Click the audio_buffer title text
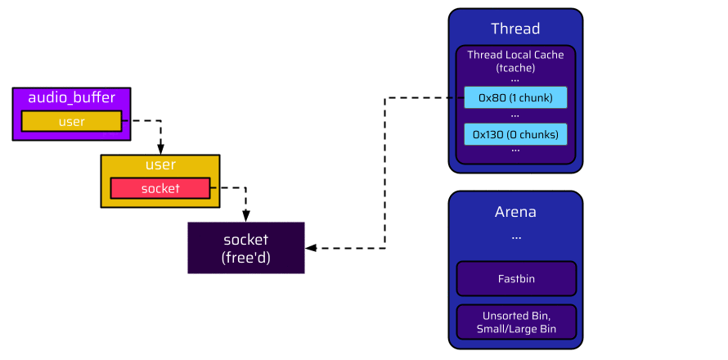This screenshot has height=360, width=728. [72, 98]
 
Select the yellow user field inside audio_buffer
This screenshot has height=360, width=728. [72, 121]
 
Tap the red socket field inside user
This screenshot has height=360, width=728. [160, 188]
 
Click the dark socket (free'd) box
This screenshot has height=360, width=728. [246, 248]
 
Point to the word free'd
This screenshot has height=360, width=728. [246, 258]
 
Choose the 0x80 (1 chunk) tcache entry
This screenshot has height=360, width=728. [515, 98]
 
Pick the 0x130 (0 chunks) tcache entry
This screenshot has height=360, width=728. [515, 134]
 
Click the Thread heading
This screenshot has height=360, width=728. [515, 29]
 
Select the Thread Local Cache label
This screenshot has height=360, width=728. [515, 55]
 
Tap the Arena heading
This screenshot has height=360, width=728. [515, 212]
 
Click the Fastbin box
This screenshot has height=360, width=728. [516, 279]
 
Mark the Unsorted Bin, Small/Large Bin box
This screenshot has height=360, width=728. [516, 322]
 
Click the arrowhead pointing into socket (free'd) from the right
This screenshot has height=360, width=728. [311, 248]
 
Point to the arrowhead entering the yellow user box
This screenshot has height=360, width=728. [160, 149]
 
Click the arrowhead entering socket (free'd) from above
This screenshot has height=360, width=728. [246, 217]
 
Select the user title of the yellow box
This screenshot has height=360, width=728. [160, 165]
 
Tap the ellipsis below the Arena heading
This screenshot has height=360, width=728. [516, 236]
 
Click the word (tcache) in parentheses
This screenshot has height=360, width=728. [515, 68]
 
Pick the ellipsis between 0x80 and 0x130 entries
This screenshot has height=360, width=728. [515, 115]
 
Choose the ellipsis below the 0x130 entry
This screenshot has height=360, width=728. [515, 151]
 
